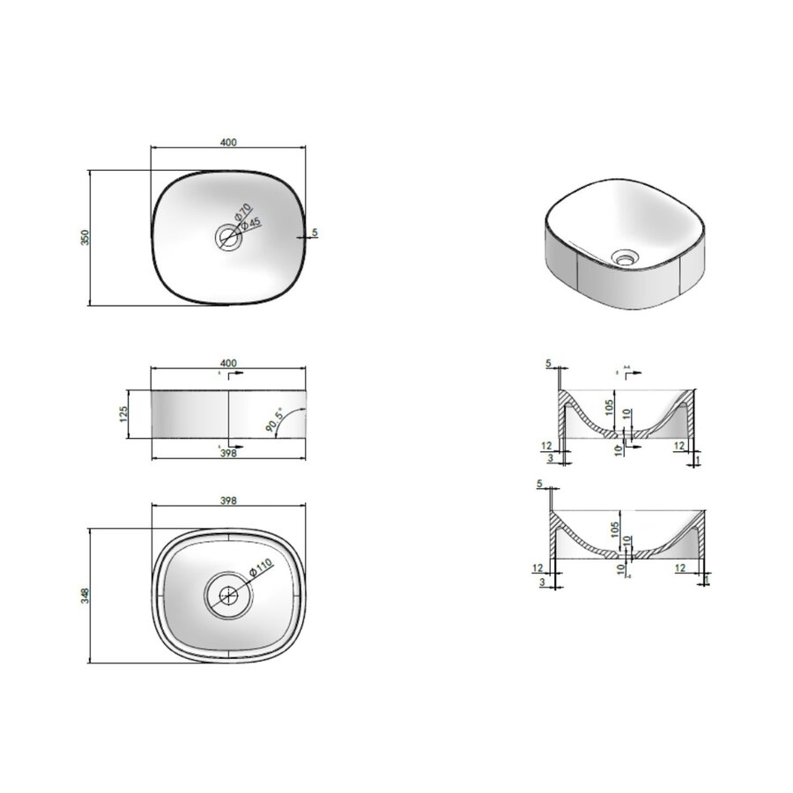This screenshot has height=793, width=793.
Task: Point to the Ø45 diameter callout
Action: (253, 225)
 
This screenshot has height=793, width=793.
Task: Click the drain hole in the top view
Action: (228, 236)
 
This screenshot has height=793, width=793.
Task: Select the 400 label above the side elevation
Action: (228, 363)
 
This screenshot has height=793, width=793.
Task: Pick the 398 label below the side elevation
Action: (228, 453)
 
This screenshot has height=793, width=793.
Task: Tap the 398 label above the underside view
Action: (228, 499)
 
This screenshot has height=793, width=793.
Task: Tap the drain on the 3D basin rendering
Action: (626, 258)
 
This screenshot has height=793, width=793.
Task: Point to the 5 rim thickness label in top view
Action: (315, 233)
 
